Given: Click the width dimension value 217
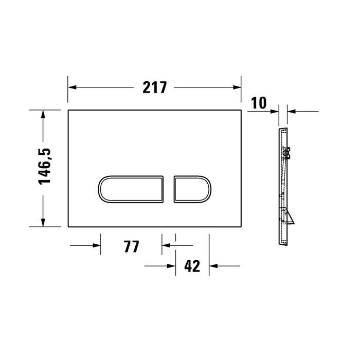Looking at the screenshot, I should [155, 87].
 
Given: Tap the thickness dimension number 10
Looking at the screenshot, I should [259, 103].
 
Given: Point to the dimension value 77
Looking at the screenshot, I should [132, 246].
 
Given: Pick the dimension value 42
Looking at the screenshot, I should [191, 266].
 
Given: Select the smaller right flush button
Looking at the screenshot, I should [191, 188].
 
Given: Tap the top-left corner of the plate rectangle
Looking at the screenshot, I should [68, 110].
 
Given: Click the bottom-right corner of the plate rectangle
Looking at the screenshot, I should [242, 227].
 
